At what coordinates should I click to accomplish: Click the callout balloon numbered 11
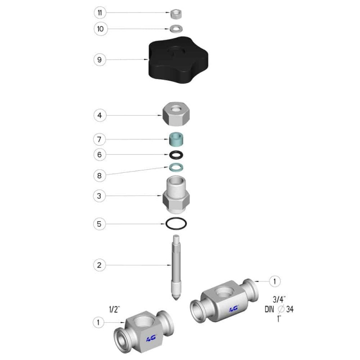tap(100, 13)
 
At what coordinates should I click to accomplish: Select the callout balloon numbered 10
tap(100, 29)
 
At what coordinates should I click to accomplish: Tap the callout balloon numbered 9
tap(99, 60)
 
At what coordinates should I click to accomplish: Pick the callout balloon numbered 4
tap(99, 115)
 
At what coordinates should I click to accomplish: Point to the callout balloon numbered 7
tap(99, 139)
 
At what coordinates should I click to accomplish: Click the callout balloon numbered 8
tap(99, 175)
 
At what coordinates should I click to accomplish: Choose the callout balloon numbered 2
tap(99, 265)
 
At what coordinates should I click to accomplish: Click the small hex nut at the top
tap(176, 14)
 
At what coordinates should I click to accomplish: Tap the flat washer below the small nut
tap(176, 29)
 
